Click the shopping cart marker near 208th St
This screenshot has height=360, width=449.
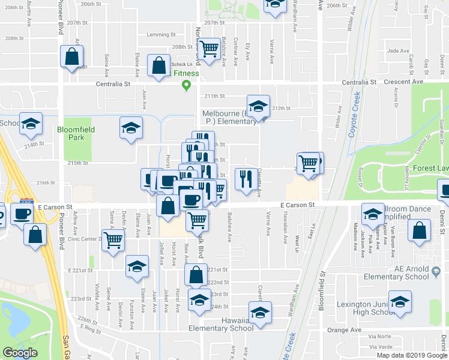pyautogui.click(x=209, y=49)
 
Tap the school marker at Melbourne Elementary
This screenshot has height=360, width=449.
pyautogui.click(x=259, y=106)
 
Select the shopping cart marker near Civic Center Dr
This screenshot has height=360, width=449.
pyautogui.click(x=113, y=241)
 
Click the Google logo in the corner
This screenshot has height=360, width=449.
pyautogui.click(x=20, y=353)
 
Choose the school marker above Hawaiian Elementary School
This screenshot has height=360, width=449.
pyautogui.click(x=259, y=313)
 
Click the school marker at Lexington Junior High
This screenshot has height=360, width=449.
pyautogui.click(x=399, y=302)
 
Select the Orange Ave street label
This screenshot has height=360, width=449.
pyautogui.click(x=340, y=330)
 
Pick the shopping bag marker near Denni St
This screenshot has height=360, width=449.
pyautogui.click(x=419, y=231)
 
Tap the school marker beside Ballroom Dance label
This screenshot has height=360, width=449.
pyautogui.click(x=372, y=214)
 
